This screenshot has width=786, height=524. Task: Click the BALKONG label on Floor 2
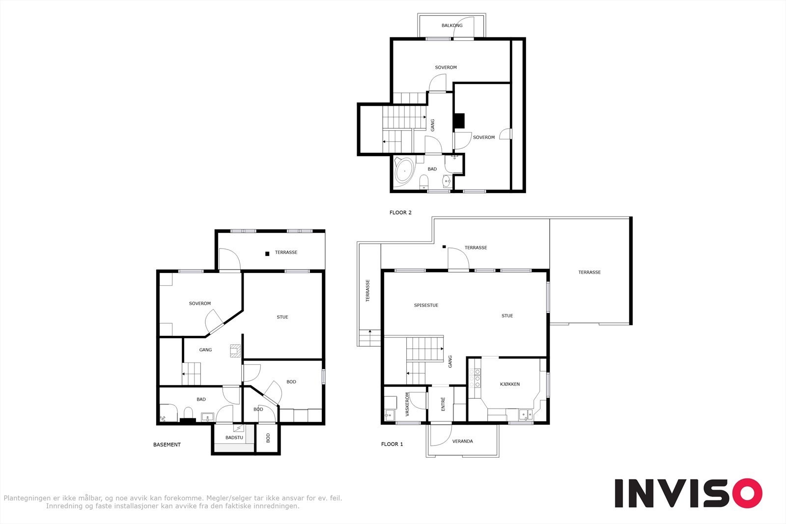point(452,25)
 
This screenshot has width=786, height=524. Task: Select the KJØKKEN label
point(510,384)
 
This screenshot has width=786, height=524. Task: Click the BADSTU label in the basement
point(234,438)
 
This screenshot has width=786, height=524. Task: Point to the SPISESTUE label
point(426,305)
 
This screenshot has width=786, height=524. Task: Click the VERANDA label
point(462,441)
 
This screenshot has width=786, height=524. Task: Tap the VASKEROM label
point(407,404)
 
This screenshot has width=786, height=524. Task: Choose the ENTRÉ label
point(443,404)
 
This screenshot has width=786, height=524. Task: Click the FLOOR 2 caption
point(400,213)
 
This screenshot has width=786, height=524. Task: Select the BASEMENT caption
point(167,445)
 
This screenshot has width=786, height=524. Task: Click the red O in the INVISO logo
point(747,493)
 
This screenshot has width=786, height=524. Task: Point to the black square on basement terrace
point(267,253)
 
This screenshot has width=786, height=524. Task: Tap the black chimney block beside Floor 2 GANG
point(459,121)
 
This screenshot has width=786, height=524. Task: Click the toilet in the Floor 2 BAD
point(424,182)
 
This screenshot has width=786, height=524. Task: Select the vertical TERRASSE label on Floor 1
point(368,290)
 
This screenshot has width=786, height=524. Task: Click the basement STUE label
point(282,317)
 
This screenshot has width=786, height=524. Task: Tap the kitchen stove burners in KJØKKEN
point(475,378)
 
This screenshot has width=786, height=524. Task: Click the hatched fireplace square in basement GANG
point(235,351)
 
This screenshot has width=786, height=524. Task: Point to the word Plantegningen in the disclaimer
point(27,498)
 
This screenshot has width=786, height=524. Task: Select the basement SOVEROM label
point(199,303)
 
